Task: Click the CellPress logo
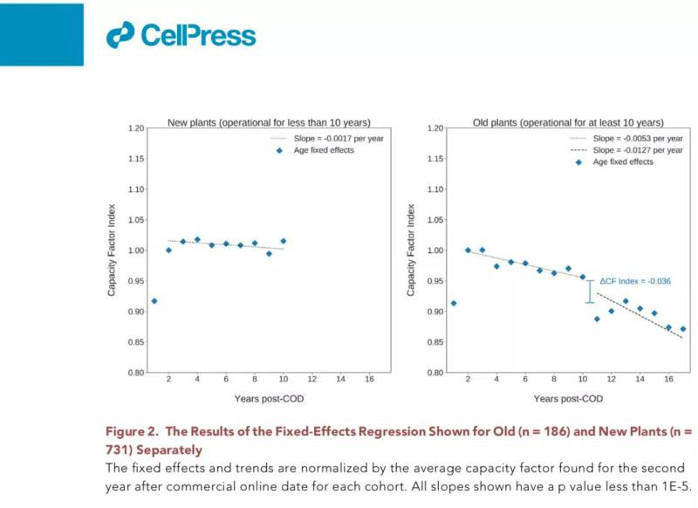(x=181, y=34)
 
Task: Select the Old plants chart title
(x=567, y=122)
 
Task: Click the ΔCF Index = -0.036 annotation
(x=634, y=281)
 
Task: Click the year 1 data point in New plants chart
(x=154, y=301)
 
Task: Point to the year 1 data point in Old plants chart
(x=454, y=303)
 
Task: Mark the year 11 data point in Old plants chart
(x=597, y=319)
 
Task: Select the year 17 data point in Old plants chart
(x=683, y=329)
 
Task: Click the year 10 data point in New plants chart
(x=284, y=241)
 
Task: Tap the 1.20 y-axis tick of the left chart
(x=133, y=128)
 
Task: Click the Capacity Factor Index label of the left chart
(x=112, y=251)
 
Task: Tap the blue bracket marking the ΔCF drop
(x=590, y=292)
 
